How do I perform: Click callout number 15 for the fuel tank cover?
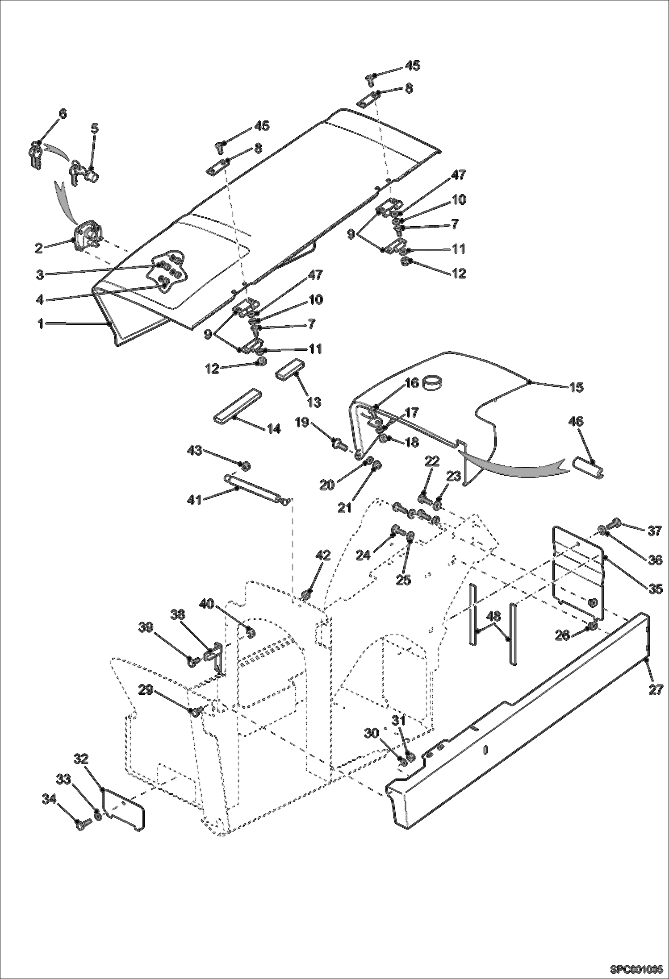576,387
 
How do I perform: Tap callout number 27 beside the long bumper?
656,689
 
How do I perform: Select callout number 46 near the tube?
576,421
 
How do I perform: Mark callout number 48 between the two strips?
493,617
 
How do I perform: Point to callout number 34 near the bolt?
49,799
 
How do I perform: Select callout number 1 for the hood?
41,324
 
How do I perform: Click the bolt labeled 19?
340,444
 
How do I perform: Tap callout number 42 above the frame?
323,556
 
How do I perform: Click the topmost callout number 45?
412,66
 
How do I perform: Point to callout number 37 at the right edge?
654,531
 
